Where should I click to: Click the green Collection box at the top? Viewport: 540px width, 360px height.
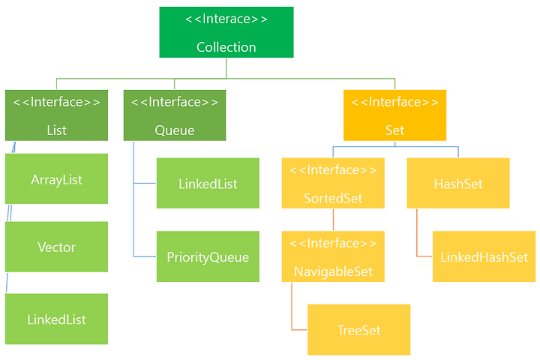[226, 32]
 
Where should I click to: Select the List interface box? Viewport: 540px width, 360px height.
[56, 115]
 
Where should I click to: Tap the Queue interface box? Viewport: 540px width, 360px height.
[175, 115]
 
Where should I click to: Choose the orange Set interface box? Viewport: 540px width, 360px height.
[394, 115]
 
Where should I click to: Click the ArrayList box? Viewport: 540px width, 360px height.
[56, 178]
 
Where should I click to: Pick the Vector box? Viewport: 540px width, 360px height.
[56, 247]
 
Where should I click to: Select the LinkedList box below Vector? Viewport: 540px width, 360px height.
[56, 319]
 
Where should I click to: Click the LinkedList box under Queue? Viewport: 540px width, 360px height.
[208, 183]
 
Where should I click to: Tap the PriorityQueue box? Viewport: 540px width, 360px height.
[208, 256]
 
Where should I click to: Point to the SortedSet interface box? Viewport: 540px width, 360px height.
[333, 183]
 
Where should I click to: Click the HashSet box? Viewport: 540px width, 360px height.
[458, 183]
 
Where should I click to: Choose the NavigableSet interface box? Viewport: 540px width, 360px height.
[333, 256]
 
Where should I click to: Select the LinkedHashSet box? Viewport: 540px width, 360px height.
[484, 256]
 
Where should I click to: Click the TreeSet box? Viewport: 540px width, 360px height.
[358, 330]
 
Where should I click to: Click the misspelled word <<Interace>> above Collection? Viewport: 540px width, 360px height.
[226, 19]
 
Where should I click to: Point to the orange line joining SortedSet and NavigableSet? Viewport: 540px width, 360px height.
[333, 220]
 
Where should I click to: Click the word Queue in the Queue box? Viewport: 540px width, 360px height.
[175, 130]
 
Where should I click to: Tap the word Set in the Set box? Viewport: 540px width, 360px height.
[394, 130]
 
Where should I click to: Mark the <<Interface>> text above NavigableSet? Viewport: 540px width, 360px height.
[333, 243]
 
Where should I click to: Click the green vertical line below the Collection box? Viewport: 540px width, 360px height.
[226, 68]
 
